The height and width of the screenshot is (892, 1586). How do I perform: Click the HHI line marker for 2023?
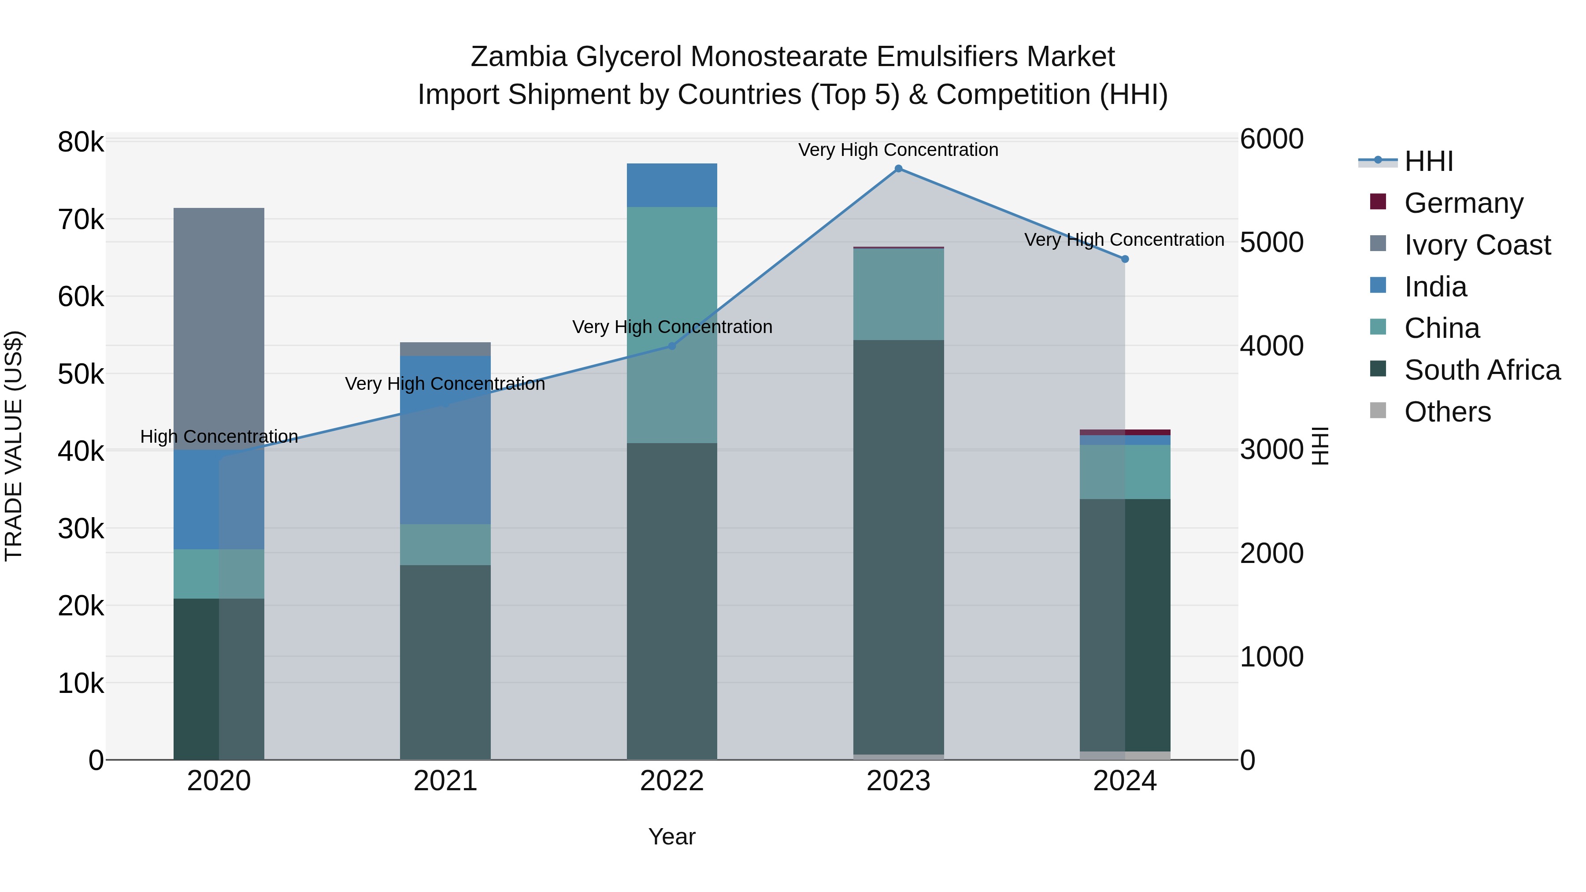pos(898,169)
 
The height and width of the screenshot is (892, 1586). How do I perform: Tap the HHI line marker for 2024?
pos(1125,259)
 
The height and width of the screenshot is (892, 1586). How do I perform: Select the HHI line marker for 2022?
pos(672,346)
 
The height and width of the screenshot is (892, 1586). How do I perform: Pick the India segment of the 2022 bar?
pos(672,185)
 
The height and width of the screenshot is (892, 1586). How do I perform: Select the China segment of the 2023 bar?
pos(898,294)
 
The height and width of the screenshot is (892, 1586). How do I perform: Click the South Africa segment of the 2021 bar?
pos(445,662)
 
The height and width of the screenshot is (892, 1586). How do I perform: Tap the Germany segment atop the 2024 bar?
pos(1125,432)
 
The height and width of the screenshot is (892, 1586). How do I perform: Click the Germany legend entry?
pos(1463,203)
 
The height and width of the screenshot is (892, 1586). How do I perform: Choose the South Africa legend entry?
pos(1481,370)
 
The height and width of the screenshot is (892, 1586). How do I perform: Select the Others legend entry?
pos(1447,412)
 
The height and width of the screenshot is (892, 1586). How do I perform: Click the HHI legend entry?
pos(1428,161)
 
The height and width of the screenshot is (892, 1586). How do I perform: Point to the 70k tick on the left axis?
pos(81,220)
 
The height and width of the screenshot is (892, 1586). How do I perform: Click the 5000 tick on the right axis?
pos(1271,243)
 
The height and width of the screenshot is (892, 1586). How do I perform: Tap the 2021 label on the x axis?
pos(445,781)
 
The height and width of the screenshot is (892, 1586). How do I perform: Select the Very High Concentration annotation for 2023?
pos(898,150)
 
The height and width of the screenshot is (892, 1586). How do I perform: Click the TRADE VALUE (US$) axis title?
pos(14,446)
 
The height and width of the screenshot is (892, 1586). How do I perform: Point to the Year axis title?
pos(672,836)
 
